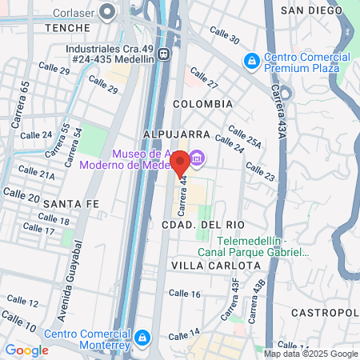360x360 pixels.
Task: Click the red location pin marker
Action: coord(180,162)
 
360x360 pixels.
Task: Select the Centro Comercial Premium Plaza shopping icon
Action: coord(251,60)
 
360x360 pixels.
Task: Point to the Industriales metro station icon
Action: coord(164,54)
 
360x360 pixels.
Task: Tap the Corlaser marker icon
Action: coord(110,13)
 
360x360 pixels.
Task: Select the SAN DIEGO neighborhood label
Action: coord(313,10)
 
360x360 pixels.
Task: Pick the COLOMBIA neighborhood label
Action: coord(202,104)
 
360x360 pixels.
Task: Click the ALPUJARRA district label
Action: coord(176,134)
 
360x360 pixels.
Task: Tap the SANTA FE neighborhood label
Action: coord(71,203)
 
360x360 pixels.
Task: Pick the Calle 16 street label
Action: coord(185,294)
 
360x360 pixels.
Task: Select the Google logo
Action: coord(26,350)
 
